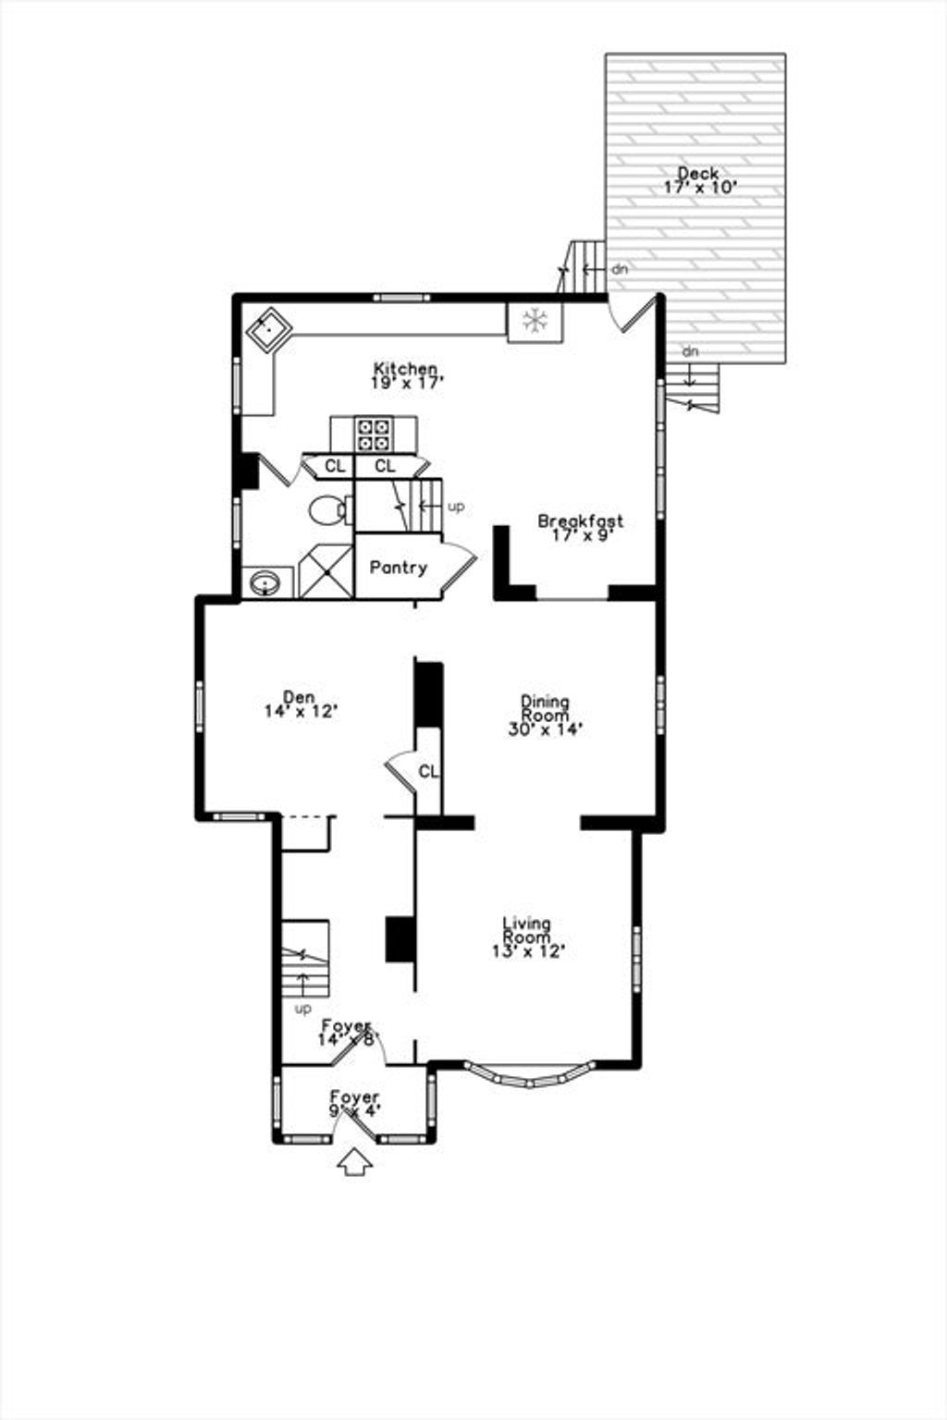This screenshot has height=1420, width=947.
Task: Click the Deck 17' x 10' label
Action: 699,180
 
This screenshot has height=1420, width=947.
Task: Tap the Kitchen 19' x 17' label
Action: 405,375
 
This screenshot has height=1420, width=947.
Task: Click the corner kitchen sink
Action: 269,329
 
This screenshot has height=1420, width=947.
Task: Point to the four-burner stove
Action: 374,435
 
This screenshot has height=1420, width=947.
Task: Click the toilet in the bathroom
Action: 330,509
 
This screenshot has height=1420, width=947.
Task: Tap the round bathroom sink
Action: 265,582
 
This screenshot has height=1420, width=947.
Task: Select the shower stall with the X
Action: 326,571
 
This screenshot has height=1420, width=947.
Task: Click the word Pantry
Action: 399,568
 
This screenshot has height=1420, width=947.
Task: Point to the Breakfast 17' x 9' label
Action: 581,528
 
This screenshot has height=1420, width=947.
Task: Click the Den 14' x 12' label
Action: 300,704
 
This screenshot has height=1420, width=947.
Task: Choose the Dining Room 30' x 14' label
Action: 546,716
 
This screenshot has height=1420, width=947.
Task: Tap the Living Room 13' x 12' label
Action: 528,937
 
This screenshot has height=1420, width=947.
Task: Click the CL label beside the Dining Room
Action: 428,772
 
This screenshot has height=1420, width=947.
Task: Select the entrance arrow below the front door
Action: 354,1163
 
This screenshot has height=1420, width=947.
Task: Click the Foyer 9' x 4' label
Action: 354,1104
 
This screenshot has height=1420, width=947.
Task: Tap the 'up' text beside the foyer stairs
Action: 304,1008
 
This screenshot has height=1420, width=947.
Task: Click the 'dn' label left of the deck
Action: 619,269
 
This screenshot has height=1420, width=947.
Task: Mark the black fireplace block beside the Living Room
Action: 400,938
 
